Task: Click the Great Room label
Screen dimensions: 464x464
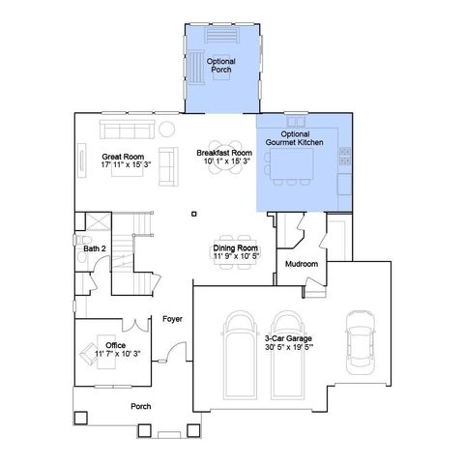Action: pos(122,155)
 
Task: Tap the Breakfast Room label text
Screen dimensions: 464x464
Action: pos(224,153)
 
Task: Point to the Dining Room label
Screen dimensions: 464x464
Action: pos(235,248)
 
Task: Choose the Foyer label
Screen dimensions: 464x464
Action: pos(172,318)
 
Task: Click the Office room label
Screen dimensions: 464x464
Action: pos(115,345)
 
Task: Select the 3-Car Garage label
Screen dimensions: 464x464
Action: pos(288,337)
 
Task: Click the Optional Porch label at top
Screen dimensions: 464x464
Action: pos(219,67)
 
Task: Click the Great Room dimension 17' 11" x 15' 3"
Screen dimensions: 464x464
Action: pos(123,163)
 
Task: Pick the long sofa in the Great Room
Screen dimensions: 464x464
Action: pos(128,130)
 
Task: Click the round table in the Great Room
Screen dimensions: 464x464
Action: pos(166,129)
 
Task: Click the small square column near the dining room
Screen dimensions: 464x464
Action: pos(194,213)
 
